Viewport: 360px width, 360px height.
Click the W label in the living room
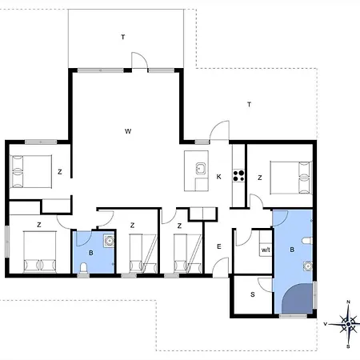tap(128, 131)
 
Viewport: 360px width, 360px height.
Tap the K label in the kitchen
tap(219, 177)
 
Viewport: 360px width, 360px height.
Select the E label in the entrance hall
tap(219, 246)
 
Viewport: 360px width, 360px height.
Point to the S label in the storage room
tap(253, 294)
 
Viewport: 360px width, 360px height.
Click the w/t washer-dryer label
tap(266, 250)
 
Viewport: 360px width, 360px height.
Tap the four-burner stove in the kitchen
tap(238, 175)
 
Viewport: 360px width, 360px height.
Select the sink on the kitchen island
tap(200, 169)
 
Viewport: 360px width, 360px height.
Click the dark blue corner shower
tap(298, 298)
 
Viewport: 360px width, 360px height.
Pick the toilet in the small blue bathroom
tap(84, 268)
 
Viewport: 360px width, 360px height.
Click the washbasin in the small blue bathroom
tap(109, 241)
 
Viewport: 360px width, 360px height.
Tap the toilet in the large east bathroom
tap(307, 241)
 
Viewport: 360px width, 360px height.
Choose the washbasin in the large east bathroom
tap(308, 266)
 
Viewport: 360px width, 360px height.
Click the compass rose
tap(348, 324)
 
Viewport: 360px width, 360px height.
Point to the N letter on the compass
tap(348, 302)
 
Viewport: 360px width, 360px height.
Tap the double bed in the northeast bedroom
tap(291, 178)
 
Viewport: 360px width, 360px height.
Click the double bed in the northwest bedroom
tap(31, 172)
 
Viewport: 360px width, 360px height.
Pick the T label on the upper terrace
tap(123, 37)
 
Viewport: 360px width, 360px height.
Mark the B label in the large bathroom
tap(292, 250)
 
